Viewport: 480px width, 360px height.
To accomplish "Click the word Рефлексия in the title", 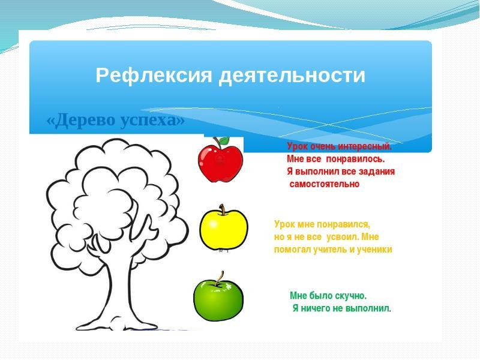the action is coord(154,76).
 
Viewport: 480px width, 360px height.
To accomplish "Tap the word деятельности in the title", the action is coord(292,76).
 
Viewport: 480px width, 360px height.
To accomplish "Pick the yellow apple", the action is coord(223,228).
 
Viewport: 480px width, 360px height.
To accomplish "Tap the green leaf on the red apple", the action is coord(224,140).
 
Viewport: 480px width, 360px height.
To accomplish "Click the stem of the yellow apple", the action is coord(223,209).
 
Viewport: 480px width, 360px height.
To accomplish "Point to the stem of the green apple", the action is coord(220,278).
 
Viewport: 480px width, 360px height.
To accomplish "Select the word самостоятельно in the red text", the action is coord(325,184).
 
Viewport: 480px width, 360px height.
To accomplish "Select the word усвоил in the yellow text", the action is coord(343,237).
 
